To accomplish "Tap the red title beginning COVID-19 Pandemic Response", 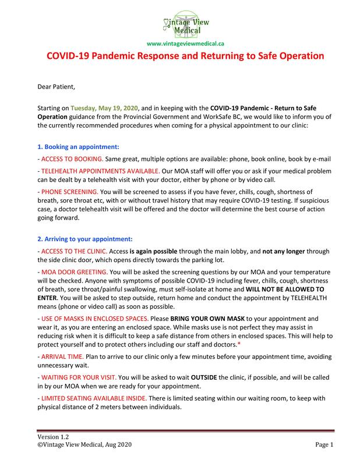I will click(180, 58).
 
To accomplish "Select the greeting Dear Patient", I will click(56, 87).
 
